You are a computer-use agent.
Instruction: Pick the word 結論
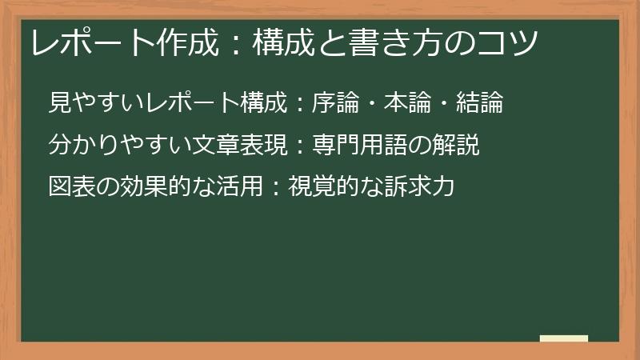(x=480, y=102)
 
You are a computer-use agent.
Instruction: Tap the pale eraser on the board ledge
(x=564, y=338)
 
